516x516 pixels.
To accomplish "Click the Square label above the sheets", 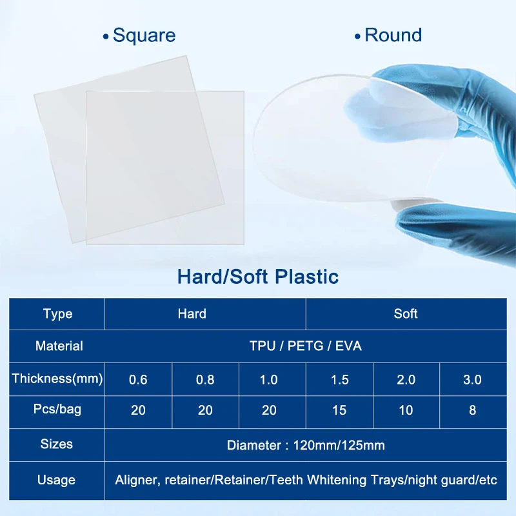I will pyautogui.click(x=144, y=35).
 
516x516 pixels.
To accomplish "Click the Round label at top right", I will pyautogui.click(x=393, y=35).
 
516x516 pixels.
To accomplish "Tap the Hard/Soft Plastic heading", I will pyautogui.click(x=258, y=277).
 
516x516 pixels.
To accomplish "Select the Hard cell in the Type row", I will pyautogui.click(x=192, y=314).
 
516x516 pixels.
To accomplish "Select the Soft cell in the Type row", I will pyautogui.click(x=406, y=314).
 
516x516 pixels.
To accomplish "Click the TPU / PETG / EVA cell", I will pyautogui.click(x=306, y=346).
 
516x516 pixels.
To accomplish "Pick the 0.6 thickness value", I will pyautogui.click(x=138, y=379).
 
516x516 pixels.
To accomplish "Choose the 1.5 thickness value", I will pyautogui.click(x=339, y=379).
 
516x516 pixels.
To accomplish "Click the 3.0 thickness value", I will pyautogui.click(x=472, y=379).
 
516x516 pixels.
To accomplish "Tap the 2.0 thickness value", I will pyautogui.click(x=406, y=379).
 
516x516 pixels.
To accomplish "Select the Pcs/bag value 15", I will pyautogui.click(x=339, y=410).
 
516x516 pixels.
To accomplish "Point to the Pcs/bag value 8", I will pyautogui.click(x=472, y=410).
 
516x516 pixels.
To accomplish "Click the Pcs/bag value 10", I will pyautogui.click(x=406, y=410).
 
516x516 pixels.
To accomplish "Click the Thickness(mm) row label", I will pyautogui.click(x=57, y=379).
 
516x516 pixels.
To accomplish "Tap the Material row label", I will pyautogui.click(x=59, y=346).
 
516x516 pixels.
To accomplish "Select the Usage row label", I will pyautogui.click(x=57, y=480).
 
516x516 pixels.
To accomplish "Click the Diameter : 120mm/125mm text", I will pyautogui.click(x=306, y=445).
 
